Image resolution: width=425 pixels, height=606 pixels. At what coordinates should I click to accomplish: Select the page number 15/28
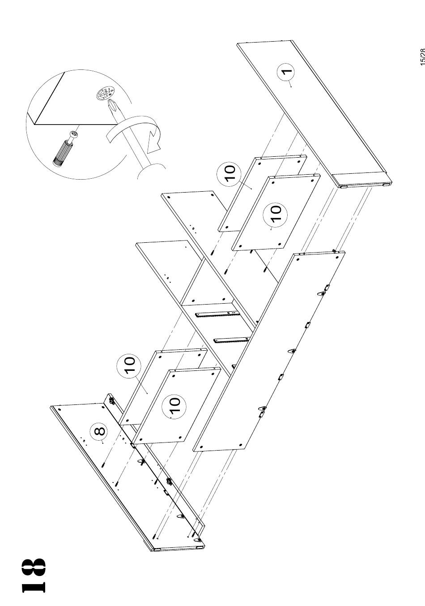[422, 57]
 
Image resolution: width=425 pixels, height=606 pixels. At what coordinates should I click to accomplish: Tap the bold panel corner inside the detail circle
[34, 125]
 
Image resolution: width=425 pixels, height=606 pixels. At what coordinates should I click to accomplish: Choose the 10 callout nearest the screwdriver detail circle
[229, 173]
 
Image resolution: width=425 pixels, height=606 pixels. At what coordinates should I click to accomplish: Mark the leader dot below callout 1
[291, 86]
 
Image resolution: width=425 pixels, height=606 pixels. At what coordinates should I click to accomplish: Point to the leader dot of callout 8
[102, 443]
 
